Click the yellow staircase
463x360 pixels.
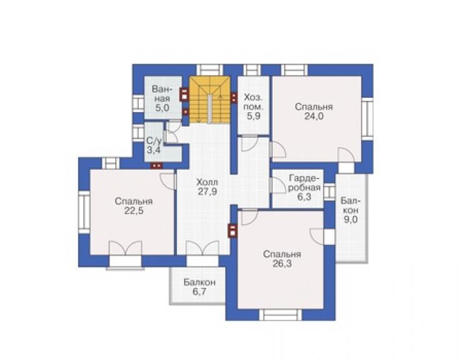210,100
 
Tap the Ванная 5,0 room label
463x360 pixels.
162,98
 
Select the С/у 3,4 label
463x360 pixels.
154,145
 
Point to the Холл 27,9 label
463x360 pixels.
207,187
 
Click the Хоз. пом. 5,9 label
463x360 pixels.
253,106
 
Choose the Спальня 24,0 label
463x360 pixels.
313,111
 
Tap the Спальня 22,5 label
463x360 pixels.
133,206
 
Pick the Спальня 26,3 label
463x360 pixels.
282,259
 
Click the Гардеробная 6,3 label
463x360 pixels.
304,187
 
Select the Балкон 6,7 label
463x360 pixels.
200,287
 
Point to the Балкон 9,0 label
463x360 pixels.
350,210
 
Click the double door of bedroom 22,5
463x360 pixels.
126,248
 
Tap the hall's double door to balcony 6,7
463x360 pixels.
202,248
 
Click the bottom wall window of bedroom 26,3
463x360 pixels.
280,314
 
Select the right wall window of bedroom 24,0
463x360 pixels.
367,119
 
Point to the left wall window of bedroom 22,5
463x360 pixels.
84,212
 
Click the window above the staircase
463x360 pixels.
210,69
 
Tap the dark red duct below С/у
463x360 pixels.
156,165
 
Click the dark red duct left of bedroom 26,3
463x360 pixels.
233,230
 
